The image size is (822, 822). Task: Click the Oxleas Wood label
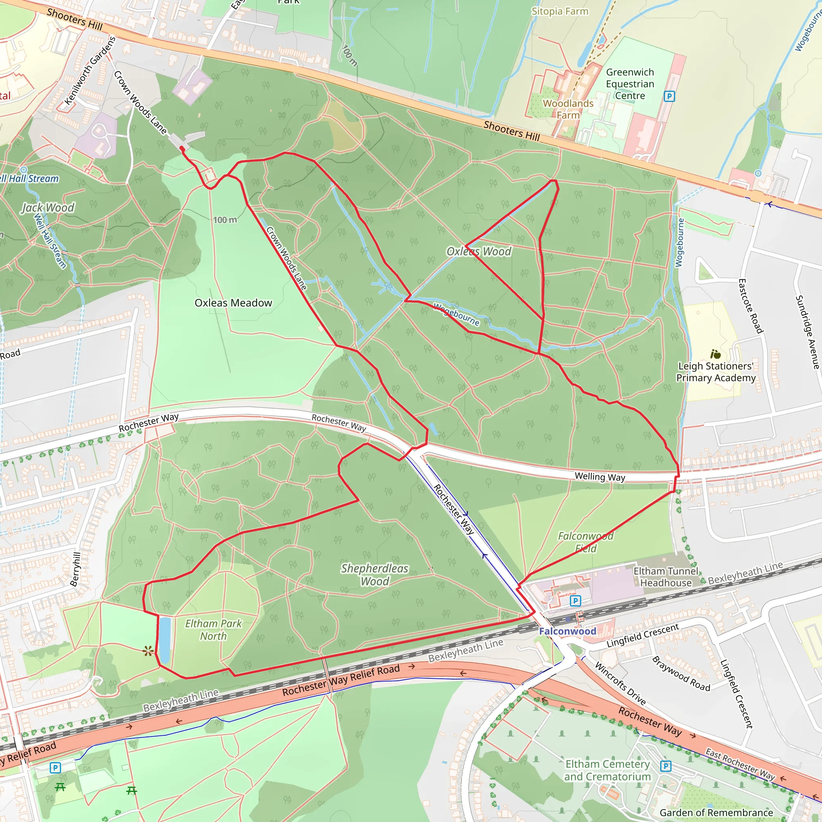click(x=479, y=251)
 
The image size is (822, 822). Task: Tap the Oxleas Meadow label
click(x=233, y=303)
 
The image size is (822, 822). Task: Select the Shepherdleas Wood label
click(x=374, y=574)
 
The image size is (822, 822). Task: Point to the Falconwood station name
click(x=568, y=631)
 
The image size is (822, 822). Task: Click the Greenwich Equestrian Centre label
click(x=630, y=84)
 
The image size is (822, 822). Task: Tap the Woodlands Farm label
click(x=568, y=109)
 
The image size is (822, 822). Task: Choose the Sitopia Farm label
click(x=560, y=12)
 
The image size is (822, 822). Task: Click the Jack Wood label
click(x=48, y=208)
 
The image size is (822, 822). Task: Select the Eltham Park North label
click(x=213, y=630)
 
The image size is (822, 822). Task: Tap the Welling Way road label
click(x=600, y=476)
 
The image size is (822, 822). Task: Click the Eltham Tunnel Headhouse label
click(x=666, y=577)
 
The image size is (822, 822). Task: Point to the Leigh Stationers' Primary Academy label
click(x=716, y=372)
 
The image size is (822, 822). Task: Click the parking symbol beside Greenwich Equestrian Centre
click(x=669, y=96)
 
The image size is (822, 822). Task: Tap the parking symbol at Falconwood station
click(x=575, y=601)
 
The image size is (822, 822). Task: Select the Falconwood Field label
click(x=586, y=542)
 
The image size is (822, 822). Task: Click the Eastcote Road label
click(x=751, y=306)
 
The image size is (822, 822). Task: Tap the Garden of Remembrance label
click(x=716, y=813)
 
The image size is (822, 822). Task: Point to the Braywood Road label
click(x=681, y=674)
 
